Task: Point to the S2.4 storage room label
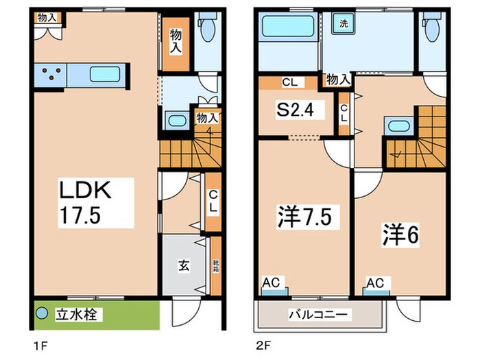(296, 110)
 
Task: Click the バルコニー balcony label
(320, 315)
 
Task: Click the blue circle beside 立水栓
(42, 315)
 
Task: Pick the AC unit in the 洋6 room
(374, 283)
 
